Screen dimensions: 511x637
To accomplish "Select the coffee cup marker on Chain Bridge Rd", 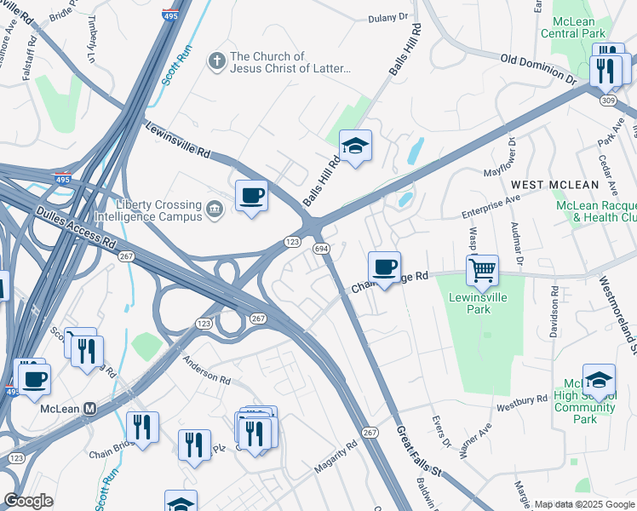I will (384, 267).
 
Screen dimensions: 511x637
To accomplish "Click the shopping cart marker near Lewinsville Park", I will (483, 271).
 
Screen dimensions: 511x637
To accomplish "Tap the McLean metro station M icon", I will (89, 409).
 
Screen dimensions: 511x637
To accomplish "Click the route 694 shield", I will (321, 248).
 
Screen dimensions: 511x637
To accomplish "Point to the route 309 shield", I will (608, 100).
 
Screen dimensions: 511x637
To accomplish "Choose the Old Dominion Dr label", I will (538, 69).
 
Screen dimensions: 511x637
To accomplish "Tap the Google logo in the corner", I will (28, 501).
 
